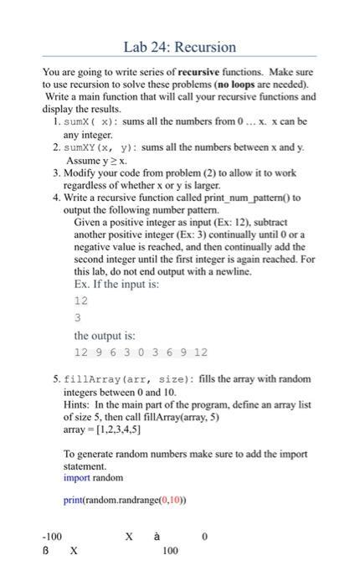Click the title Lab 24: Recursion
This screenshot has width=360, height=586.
180,47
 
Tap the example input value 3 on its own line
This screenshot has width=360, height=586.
78,317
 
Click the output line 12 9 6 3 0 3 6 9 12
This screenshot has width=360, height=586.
141,352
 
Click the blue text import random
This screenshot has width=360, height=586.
93,478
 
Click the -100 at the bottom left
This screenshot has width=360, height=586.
52,537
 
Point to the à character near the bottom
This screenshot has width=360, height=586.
156,537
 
